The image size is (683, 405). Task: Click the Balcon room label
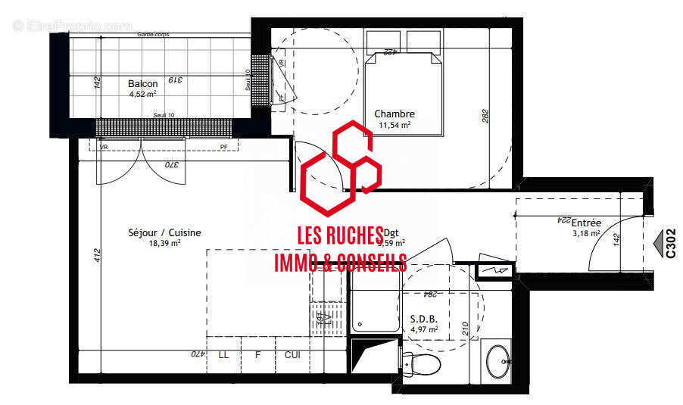click(x=142, y=83)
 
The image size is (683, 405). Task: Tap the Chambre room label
click(x=395, y=114)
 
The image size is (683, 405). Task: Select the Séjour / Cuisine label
click(x=164, y=233)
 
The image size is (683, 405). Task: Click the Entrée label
click(x=586, y=223)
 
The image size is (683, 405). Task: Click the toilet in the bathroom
click(x=423, y=365)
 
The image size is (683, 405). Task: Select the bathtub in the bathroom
click(x=375, y=304)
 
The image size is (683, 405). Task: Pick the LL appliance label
click(x=223, y=354)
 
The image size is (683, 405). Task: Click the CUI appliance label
click(x=292, y=354)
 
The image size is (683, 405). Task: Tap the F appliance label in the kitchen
click(x=257, y=354)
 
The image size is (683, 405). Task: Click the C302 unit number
click(x=670, y=244)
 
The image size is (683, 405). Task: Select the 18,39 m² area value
click(x=164, y=244)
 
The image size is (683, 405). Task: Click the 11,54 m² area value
click(x=395, y=125)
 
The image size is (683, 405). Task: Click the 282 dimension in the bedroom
click(x=485, y=116)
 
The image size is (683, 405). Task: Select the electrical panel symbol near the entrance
click(x=496, y=269)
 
